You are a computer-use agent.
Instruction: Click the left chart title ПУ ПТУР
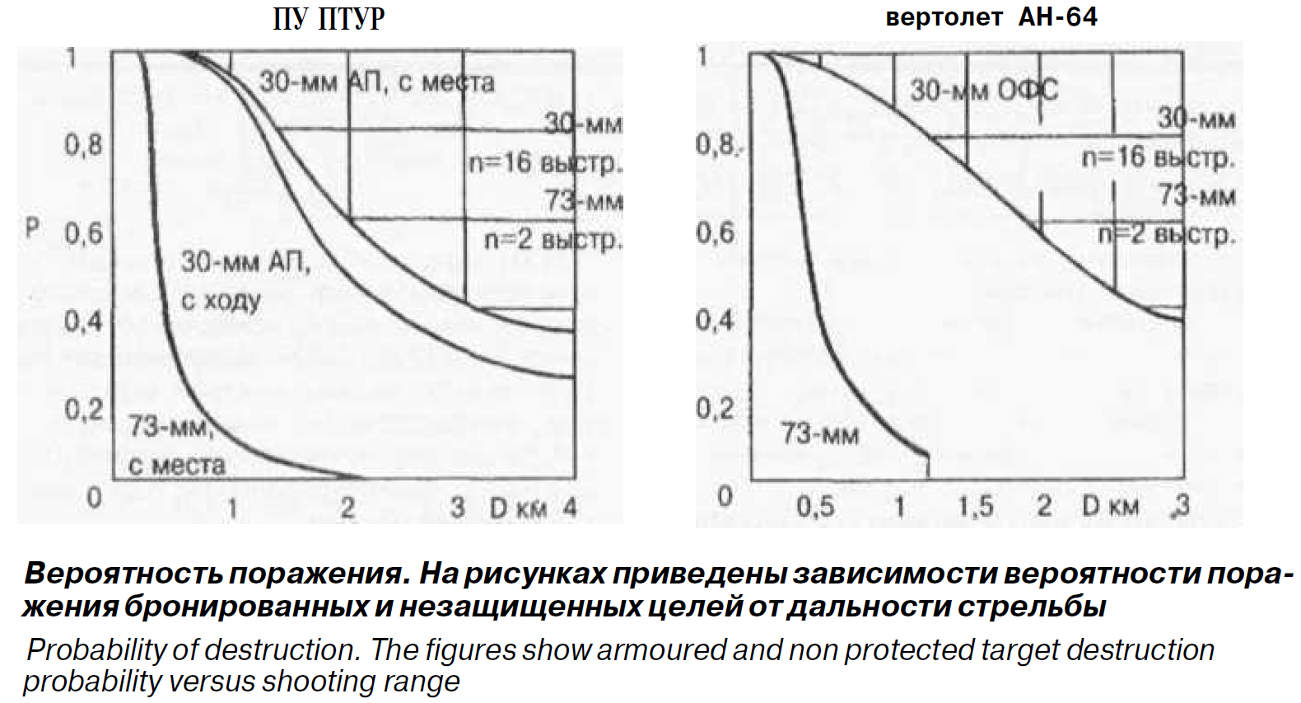click(329, 18)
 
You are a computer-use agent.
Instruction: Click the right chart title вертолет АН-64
click(991, 16)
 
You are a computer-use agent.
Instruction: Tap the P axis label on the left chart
click(32, 229)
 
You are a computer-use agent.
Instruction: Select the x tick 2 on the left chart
click(347, 507)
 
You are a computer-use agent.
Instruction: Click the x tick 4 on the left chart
click(569, 507)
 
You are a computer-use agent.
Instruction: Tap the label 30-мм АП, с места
click(377, 82)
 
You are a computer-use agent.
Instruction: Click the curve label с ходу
click(221, 301)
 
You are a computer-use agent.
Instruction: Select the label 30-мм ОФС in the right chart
click(984, 90)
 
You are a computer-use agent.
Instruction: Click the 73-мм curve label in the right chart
click(820, 434)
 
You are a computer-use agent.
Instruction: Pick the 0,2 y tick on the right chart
click(714, 409)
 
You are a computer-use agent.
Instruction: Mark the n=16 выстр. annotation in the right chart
click(1158, 157)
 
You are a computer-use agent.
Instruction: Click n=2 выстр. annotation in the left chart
click(553, 240)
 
